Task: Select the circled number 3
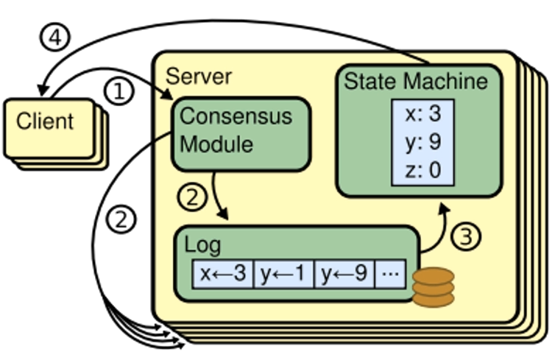coord(464,236)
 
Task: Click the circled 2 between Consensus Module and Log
coord(190,197)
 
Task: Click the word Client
coord(45,121)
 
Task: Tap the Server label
coord(198,75)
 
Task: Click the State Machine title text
coord(416,81)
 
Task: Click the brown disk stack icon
coord(434,287)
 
